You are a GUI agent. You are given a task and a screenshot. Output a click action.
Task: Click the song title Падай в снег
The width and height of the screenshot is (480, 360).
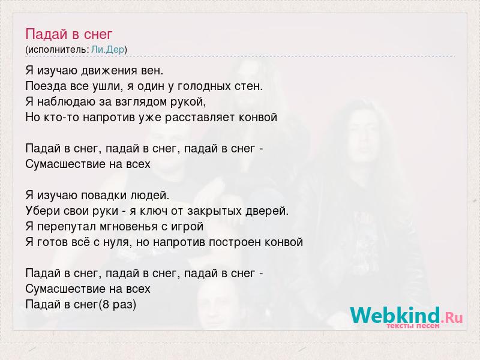[69, 34]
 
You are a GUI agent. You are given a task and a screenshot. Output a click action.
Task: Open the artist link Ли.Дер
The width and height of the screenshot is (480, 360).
[108, 49]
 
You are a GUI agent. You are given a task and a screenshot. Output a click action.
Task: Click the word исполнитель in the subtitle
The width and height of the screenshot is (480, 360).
[58, 50]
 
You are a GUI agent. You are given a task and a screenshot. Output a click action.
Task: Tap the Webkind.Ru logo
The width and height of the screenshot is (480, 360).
[407, 316]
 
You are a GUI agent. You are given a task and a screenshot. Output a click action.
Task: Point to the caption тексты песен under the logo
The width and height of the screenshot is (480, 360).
[413, 326]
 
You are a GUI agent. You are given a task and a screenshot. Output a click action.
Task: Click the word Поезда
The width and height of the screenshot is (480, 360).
[46, 86]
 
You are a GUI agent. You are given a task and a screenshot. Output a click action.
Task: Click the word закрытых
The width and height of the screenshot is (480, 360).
[214, 211]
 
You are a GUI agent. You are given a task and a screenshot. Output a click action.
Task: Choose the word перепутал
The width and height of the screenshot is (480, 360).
[67, 227]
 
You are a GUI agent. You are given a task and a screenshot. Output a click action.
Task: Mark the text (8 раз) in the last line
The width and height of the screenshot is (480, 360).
[118, 305]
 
